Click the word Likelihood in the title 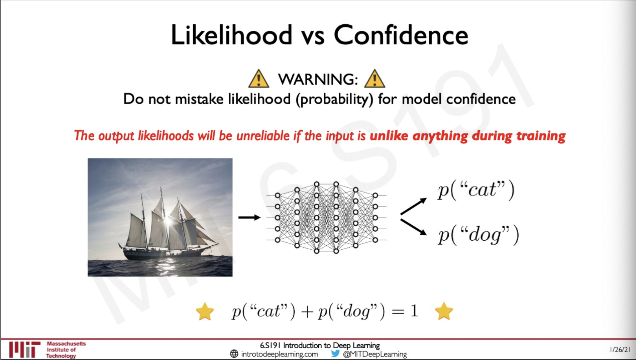point(232,35)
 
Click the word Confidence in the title point(401,35)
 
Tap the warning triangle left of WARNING point(259,79)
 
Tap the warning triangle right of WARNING point(375,79)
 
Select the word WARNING point(318,79)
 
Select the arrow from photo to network point(249,217)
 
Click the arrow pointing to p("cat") point(414,206)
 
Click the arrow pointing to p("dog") point(414,227)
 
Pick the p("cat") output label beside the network point(476,190)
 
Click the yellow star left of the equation point(205,311)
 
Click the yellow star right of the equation point(444,311)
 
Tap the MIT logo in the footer point(25,350)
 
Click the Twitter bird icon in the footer point(335,354)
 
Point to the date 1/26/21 point(620,350)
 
